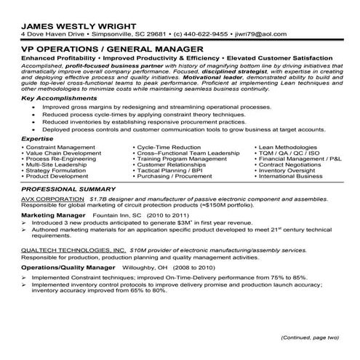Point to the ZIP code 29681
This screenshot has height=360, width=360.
pyautogui.click(x=151, y=33)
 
